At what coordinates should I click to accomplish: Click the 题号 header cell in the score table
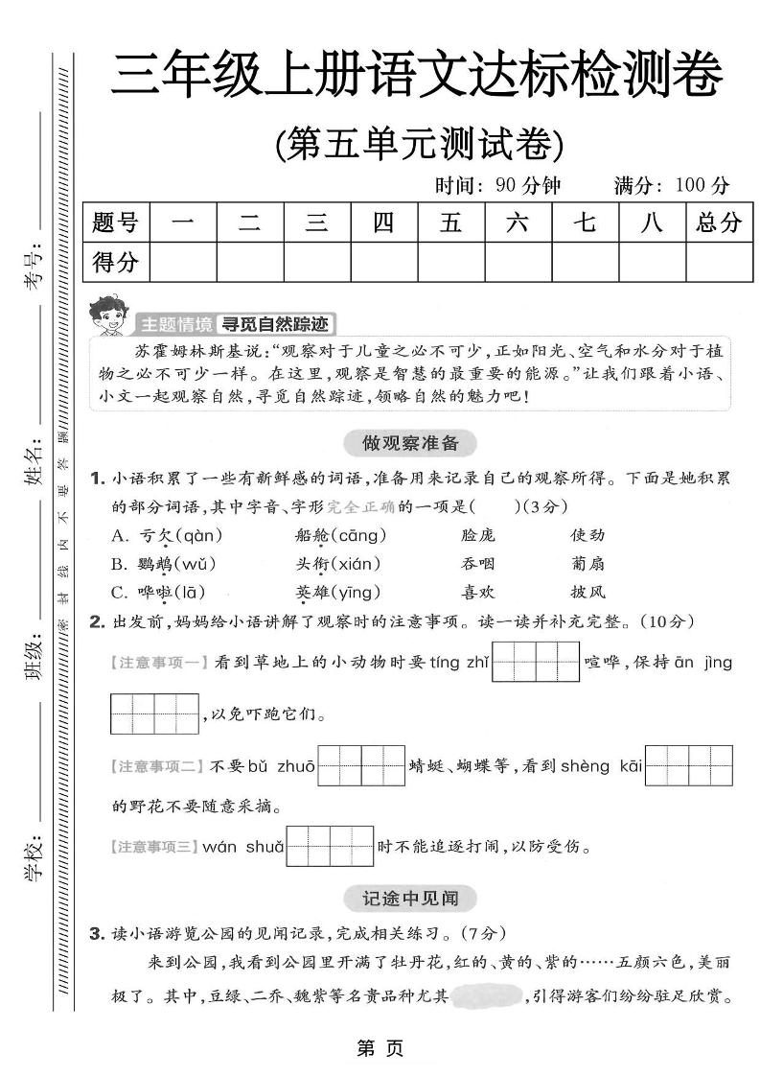click(x=116, y=223)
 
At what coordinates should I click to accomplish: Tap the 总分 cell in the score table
click(x=719, y=223)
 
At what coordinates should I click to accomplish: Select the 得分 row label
click(x=116, y=262)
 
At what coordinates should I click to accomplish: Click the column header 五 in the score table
click(x=450, y=223)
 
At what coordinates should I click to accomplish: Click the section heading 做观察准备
click(x=409, y=443)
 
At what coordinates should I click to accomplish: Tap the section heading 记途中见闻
click(x=409, y=899)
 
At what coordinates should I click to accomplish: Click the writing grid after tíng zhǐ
click(x=536, y=663)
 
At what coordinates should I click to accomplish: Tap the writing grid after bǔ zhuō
click(x=362, y=765)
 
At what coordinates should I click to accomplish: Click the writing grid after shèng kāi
click(x=689, y=765)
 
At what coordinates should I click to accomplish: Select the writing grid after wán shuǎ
click(x=331, y=847)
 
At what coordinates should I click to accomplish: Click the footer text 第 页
click(x=380, y=1048)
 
